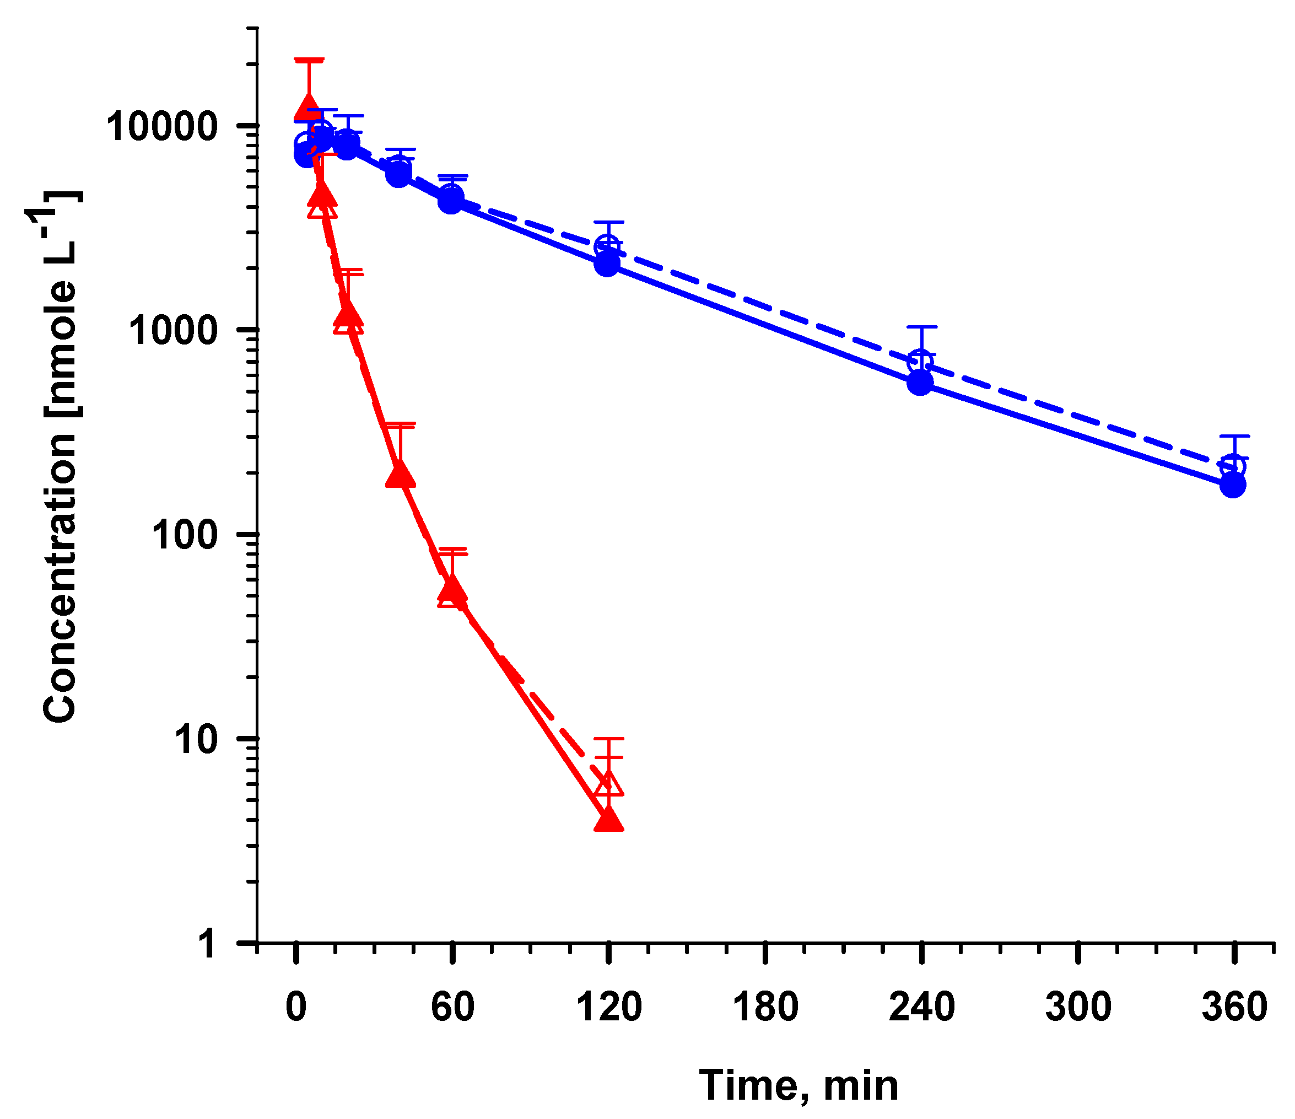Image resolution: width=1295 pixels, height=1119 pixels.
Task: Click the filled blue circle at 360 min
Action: pos(1233,485)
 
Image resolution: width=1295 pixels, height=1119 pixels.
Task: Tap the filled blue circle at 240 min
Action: pos(920,382)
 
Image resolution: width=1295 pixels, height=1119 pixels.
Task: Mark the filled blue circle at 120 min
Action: pos(607,265)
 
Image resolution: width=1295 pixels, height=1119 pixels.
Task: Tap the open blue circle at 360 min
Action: pos(1233,466)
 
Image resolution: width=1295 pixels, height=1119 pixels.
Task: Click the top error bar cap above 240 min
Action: pos(921,327)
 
